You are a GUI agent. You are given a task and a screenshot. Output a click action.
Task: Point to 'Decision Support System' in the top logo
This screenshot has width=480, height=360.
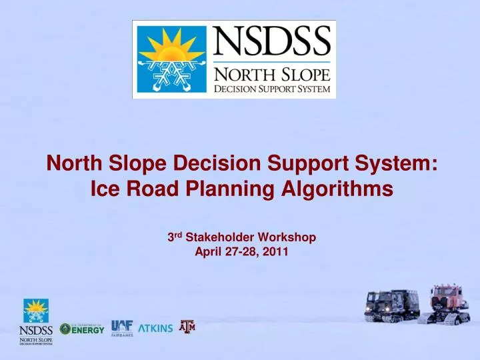coord(272,89)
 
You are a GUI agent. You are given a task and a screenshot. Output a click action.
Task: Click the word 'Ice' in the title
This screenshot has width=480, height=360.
coord(102,190)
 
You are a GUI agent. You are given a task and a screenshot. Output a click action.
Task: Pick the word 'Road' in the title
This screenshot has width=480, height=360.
coord(148,190)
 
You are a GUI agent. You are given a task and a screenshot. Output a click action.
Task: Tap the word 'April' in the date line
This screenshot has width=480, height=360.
coord(207,251)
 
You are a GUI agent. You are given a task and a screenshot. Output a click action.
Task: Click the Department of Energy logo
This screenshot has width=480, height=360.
coord(82,329)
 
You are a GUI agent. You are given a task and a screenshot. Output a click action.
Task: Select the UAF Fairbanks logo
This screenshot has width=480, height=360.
coord(122,327)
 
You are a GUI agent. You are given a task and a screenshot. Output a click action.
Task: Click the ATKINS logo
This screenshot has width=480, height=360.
coord(155,328)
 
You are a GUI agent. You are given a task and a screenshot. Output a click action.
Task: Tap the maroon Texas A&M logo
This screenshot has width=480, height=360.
coord(187,327)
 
